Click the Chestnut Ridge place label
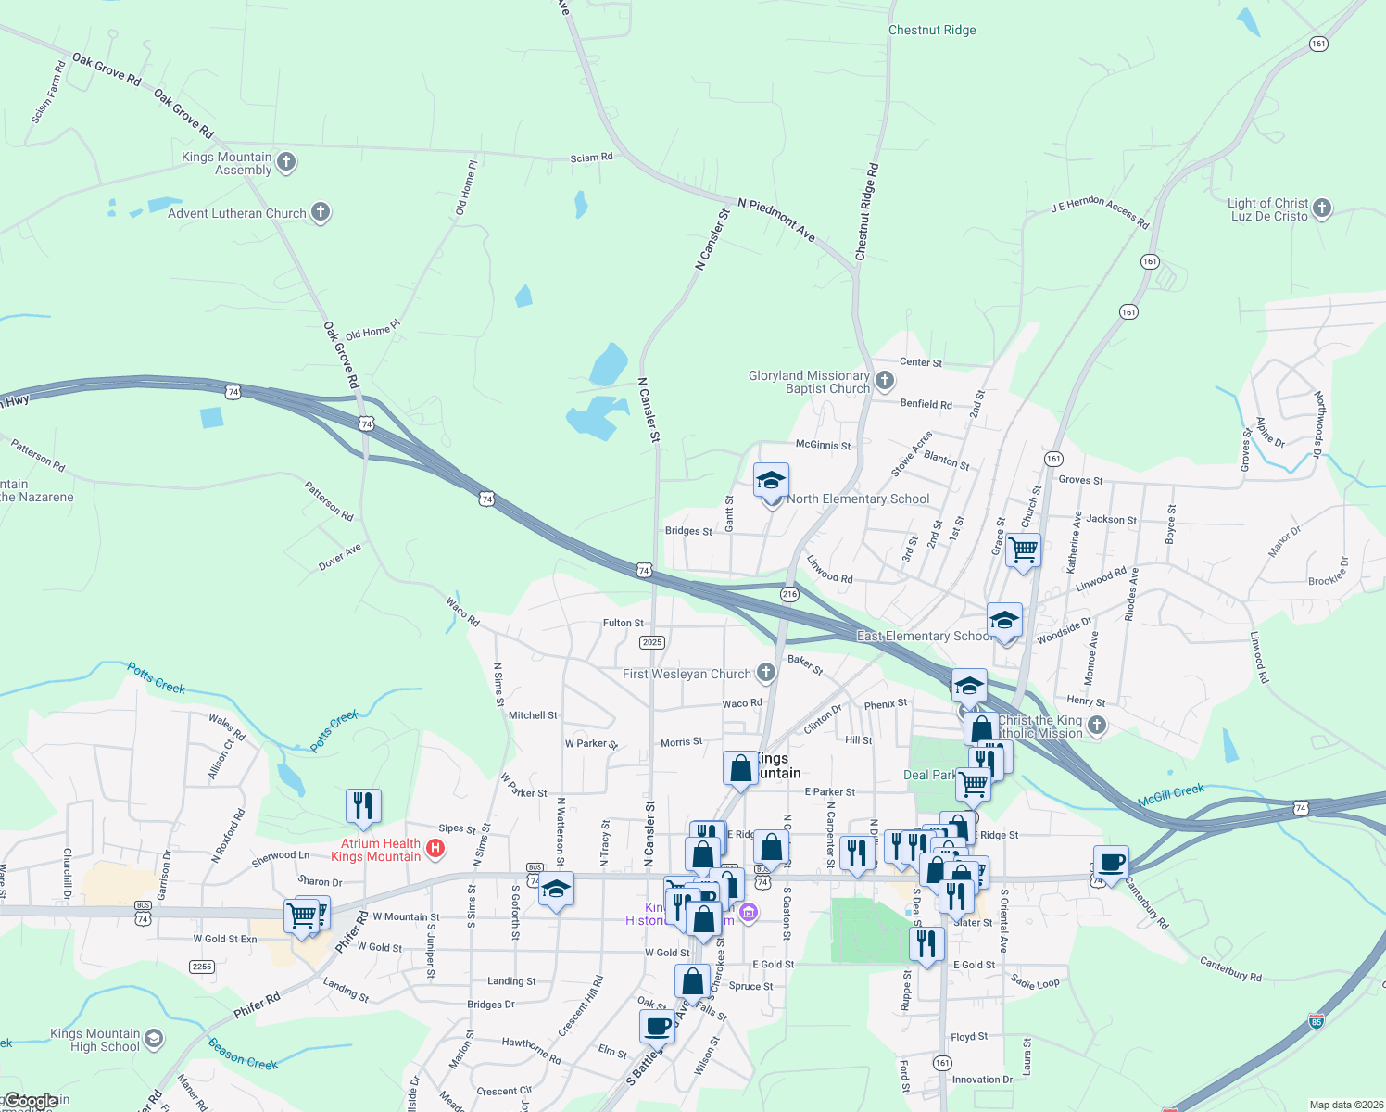932,31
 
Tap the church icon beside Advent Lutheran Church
321,212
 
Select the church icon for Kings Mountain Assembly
286,162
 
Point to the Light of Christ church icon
1322,208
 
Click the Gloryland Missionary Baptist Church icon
885,381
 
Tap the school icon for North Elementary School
771,482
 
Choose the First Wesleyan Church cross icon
765,673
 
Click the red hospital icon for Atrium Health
435,848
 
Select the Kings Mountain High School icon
154,1039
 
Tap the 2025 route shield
652,642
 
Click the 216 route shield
789,594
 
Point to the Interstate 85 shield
1317,1021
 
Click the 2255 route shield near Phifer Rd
202,967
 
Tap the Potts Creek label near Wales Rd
157,678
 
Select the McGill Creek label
1171,794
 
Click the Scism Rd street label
591,158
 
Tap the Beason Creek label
243,1055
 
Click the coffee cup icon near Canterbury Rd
1111,863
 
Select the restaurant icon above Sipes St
363,805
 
